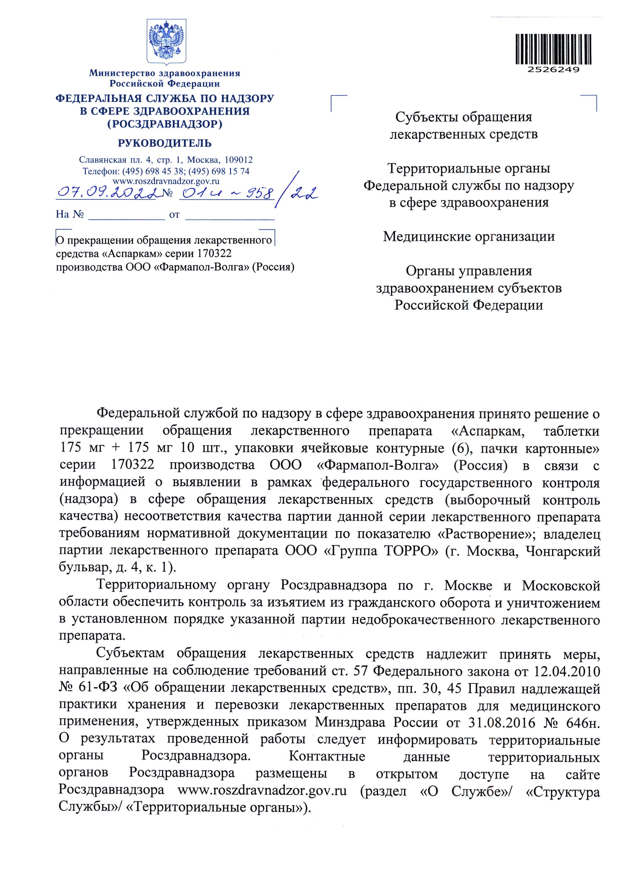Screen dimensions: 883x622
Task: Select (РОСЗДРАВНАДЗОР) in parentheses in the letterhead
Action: click(x=165, y=124)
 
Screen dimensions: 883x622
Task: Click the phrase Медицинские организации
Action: click(x=469, y=236)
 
